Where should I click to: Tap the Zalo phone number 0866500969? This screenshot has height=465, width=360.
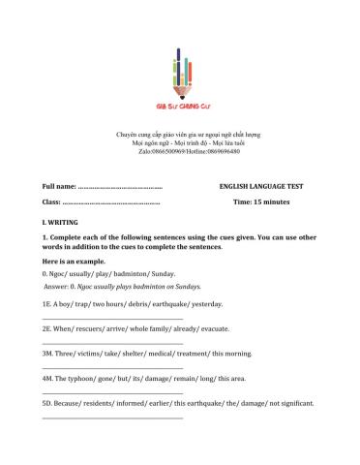click(164, 151)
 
